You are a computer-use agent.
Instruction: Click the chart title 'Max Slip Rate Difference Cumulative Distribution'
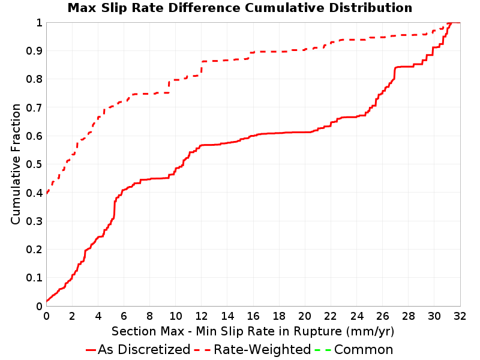(x=239, y=8)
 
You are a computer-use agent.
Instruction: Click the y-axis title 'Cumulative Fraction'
(x=16, y=164)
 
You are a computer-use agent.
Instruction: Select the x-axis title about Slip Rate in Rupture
(x=253, y=331)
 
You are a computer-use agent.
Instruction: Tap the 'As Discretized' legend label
(x=144, y=349)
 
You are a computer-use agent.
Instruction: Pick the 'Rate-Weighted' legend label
(x=262, y=349)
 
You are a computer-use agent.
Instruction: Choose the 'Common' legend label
(x=364, y=349)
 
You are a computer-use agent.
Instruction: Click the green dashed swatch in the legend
(x=323, y=350)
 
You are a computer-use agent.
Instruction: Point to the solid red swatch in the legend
(x=91, y=350)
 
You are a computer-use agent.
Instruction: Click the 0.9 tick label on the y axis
(x=34, y=51)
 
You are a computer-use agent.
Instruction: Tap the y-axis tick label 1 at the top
(x=39, y=23)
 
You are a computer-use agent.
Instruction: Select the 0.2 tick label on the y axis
(x=34, y=250)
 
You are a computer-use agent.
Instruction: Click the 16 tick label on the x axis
(x=253, y=316)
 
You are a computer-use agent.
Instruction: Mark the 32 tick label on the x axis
(x=460, y=316)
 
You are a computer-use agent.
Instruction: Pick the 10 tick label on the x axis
(x=175, y=316)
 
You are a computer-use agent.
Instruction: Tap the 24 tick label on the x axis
(x=356, y=316)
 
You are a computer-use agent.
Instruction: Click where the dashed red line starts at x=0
(x=47, y=193)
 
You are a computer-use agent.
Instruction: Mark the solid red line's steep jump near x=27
(x=395, y=73)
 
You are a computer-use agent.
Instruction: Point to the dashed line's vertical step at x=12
(x=202, y=68)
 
